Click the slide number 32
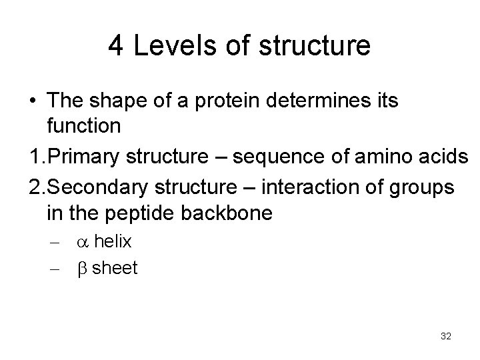tap(446, 336)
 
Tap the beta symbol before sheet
tap(83, 269)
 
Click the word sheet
tap(115, 268)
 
